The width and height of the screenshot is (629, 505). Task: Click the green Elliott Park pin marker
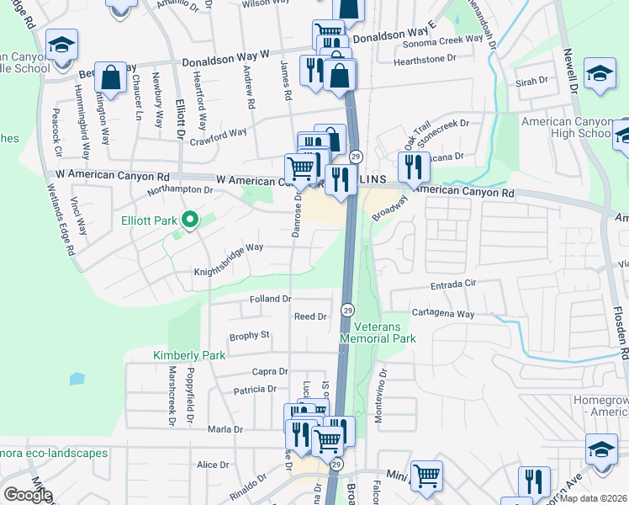click(x=191, y=221)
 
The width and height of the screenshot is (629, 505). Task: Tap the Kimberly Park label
click(x=188, y=355)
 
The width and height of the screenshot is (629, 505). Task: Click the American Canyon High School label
click(x=566, y=128)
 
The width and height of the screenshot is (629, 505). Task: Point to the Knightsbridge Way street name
click(x=229, y=248)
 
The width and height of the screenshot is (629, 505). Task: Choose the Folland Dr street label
click(x=270, y=299)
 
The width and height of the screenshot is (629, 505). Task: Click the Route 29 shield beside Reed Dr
click(x=346, y=311)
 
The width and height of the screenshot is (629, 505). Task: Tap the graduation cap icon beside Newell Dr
click(x=600, y=74)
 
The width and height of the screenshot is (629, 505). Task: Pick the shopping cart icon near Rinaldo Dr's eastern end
click(x=426, y=476)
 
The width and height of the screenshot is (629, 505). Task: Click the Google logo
click(x=27, y=495)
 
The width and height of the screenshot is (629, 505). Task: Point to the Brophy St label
click(x=249, y=335)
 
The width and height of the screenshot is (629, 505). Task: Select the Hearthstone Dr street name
click(x=428, y=58)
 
